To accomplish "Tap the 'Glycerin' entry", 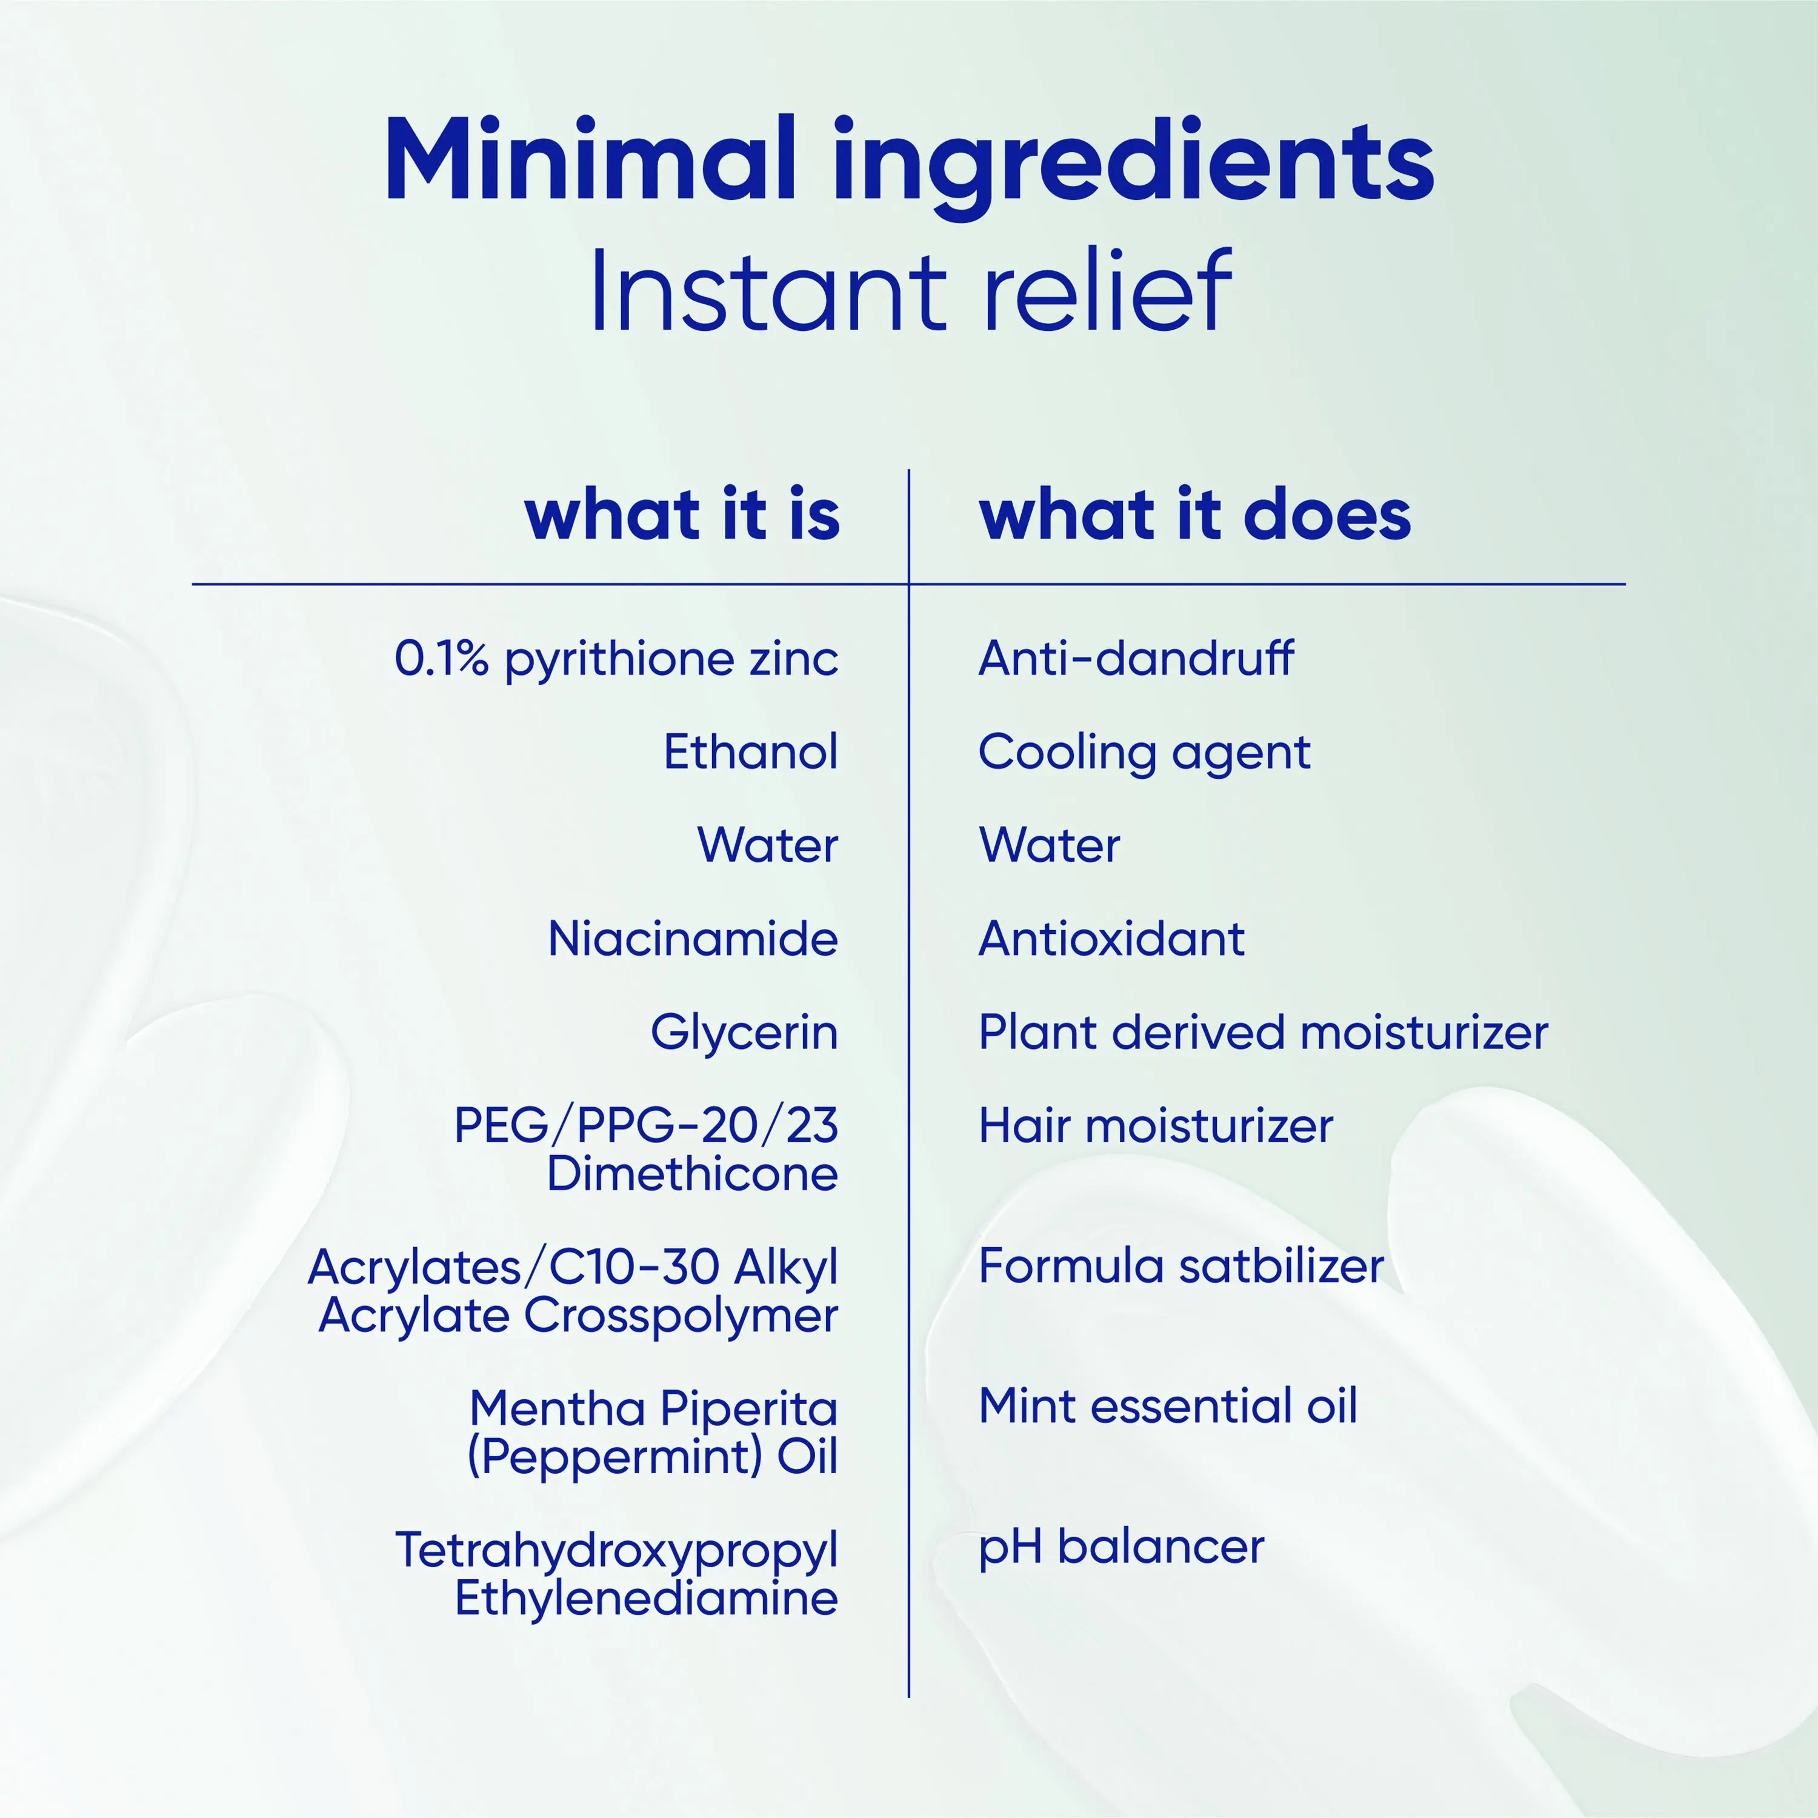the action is (x=744, y=1033).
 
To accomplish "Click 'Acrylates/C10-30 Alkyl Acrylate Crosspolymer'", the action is (x=573, y=1291).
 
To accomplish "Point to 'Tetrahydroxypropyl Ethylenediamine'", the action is (x=616, y=1574).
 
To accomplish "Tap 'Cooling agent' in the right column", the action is (x=1144, y=753).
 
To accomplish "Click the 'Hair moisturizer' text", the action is (x=1156, y=1125).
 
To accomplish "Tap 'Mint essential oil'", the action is (x=1168, y=1406).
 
